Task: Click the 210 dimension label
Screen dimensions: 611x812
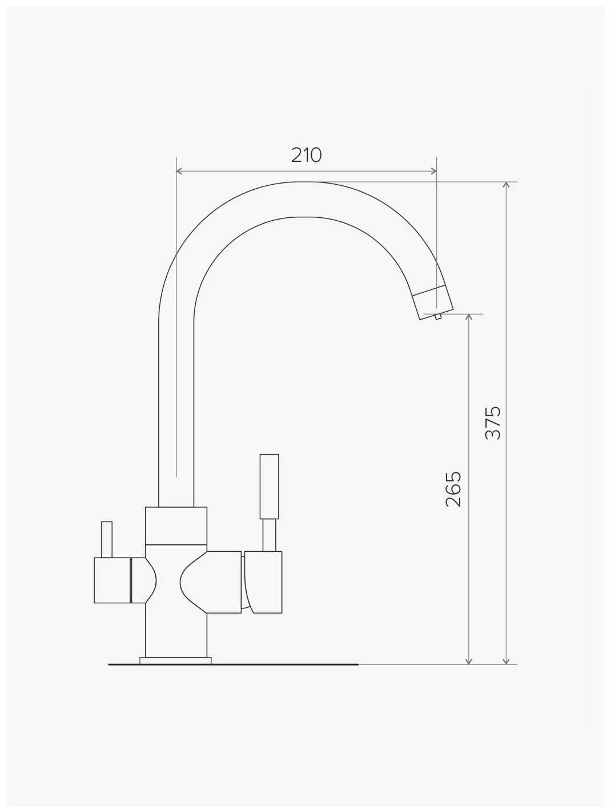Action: pyautogui.click(x=306, y=155)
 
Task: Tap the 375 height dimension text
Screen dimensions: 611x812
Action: pyautogui.click(x=493, y=423)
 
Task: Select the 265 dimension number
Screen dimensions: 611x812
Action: pyautogui.click(x=453, y=489)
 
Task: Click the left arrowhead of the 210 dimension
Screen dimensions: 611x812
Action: pyautogui.click(x=180, y=171)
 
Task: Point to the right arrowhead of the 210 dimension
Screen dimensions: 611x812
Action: pyautogui.click(x=433, y=171)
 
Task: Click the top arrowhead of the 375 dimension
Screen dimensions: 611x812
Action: pyautogui.click(x=507, y=185)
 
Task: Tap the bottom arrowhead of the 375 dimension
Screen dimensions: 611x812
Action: pyautogui.click(x=507, y=660)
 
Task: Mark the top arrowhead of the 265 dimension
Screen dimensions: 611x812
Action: pyautogui.click(x=469, y=317)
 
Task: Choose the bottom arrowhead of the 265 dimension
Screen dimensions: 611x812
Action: pyautogui.click(x=469, y=660)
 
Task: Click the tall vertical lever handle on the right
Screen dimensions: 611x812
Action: pyautogui.click(x=270, y=487)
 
